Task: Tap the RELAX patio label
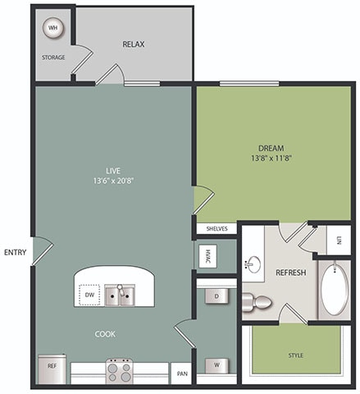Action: coord(133,44)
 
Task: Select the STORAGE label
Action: coord(53,57)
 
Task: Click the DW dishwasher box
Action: coord(89,295)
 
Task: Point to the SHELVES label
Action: coord(216,229)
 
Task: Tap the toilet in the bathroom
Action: coord(258,303)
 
